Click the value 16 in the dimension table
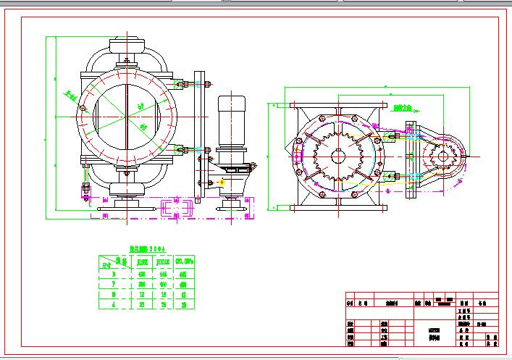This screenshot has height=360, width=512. pyautogui.click(x=164, y=295)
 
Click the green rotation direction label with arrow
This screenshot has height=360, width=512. pyautogui.click(x=403, y=108)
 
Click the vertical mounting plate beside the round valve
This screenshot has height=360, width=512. pyautogui.click(x=200, y=138)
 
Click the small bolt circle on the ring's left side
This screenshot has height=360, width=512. pyautogui.click(x=83, y=109)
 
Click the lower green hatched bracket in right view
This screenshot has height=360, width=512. pyautogui.click(x=389, y=175)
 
